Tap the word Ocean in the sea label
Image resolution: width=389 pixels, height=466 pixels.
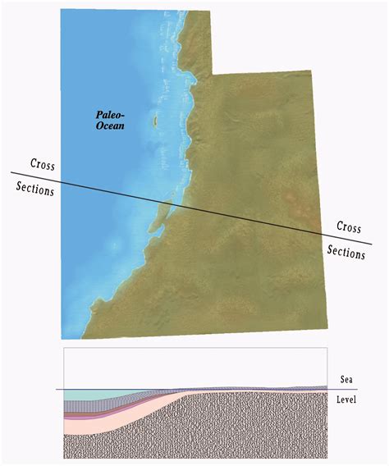click(x=111, y=128)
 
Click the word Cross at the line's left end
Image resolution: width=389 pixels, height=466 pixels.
click(x=43, y=165)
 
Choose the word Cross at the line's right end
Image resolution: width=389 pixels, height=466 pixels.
click(x=349, y=226)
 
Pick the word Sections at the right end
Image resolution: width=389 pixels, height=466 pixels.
click(x=346, y=253)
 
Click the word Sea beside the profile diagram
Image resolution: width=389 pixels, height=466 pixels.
click(x=348, y=380)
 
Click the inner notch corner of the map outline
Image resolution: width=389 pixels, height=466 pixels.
click(x=212, y=74)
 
